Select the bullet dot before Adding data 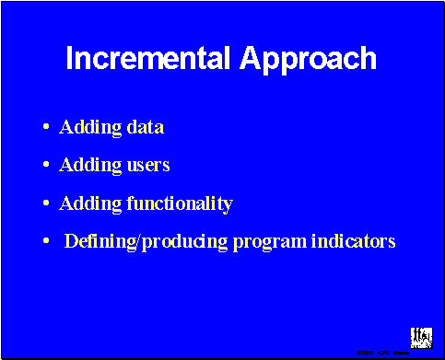coord(46,127)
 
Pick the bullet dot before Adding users coord(46,166)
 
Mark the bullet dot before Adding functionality coord(46,203)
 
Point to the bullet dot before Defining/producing coord(46,242)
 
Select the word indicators coord(354,242)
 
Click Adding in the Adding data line coord(85,127)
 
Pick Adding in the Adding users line coord(85,166)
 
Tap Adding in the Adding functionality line coord(85,203)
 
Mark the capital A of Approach coord(251,58)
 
